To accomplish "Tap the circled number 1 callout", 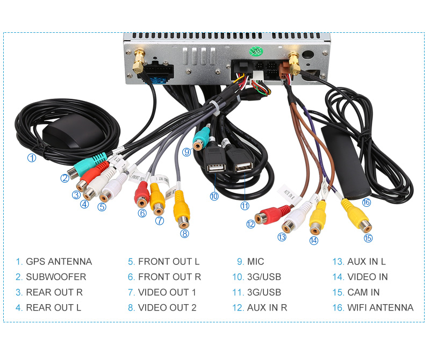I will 32,158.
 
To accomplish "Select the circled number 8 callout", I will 185,233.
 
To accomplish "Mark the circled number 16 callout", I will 367,203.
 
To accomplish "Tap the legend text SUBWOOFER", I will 56,277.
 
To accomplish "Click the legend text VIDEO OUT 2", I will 167,308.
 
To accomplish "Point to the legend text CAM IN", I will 363,292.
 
